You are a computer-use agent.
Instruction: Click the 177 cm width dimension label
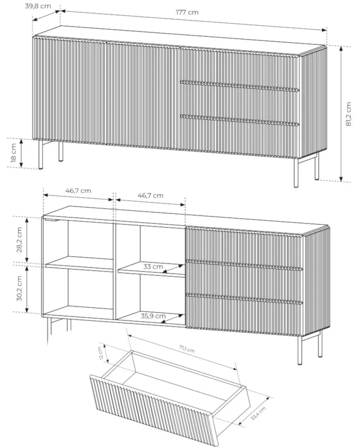[x=187, y=12]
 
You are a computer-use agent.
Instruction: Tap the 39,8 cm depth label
[x=38, y=6]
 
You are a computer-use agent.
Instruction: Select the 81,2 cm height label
[x=348, y=114]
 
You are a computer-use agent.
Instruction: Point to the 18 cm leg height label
[x=13, y=153]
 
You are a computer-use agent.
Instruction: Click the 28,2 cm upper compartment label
[x=19, y=240]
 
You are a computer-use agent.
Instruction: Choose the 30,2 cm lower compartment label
[x=19, y=289]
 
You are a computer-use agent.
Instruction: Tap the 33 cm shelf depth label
[x=153, y=267]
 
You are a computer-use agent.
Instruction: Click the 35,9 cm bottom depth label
[x=153, y=316]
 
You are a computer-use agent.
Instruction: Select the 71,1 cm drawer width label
[x=187, y=349]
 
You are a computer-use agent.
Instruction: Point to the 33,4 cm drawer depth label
[x=258, y=414]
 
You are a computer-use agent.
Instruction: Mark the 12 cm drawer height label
[x=101, y=353]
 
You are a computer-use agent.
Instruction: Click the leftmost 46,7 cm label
[x=78, y=191]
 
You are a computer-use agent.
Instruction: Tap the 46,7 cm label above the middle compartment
[x=151, y=195]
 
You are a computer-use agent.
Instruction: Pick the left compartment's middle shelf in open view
[x=79, y=263]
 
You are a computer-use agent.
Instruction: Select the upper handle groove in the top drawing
[x=240, y=86]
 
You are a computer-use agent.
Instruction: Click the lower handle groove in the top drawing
[x=240, y=120]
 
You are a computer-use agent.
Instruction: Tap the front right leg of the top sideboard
[x=296, y=173]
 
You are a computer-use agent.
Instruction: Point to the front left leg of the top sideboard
[x=41, y=154]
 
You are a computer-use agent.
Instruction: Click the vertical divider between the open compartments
[x=115, y=271]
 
